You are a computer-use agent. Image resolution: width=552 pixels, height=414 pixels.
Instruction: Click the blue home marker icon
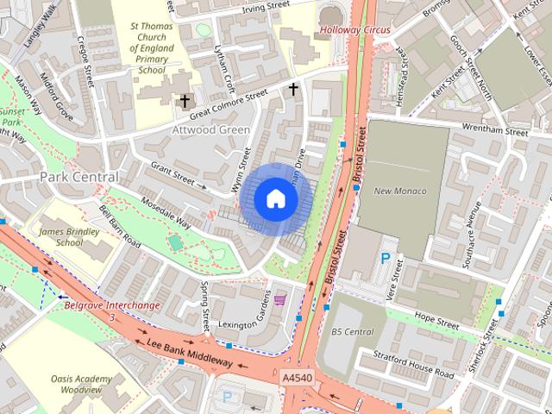275,199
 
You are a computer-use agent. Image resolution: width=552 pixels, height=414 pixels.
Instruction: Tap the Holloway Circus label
354,30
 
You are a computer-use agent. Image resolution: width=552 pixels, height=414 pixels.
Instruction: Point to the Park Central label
78,177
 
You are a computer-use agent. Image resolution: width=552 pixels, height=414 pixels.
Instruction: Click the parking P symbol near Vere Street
386,258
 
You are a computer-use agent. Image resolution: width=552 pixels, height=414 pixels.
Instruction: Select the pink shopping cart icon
280,300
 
